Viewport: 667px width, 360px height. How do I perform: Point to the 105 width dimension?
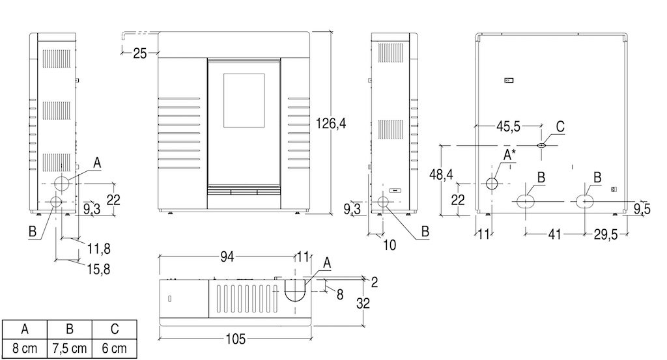[x=236, y=338]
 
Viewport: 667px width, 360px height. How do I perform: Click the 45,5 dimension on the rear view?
[x=508, y=127]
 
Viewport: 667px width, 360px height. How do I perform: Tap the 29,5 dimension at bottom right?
[x=606, y=234]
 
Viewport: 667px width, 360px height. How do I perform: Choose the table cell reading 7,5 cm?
[x=68, y=348]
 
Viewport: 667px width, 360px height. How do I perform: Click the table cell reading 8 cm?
[x=25, y=348]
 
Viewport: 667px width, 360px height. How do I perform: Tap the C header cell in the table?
[x=114, y=328]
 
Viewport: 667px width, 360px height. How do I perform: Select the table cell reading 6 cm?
[x=114, y=348]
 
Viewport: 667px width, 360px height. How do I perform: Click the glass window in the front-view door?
[x=244, y=100]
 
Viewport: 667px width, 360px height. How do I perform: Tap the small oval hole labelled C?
[x=541, y=145]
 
